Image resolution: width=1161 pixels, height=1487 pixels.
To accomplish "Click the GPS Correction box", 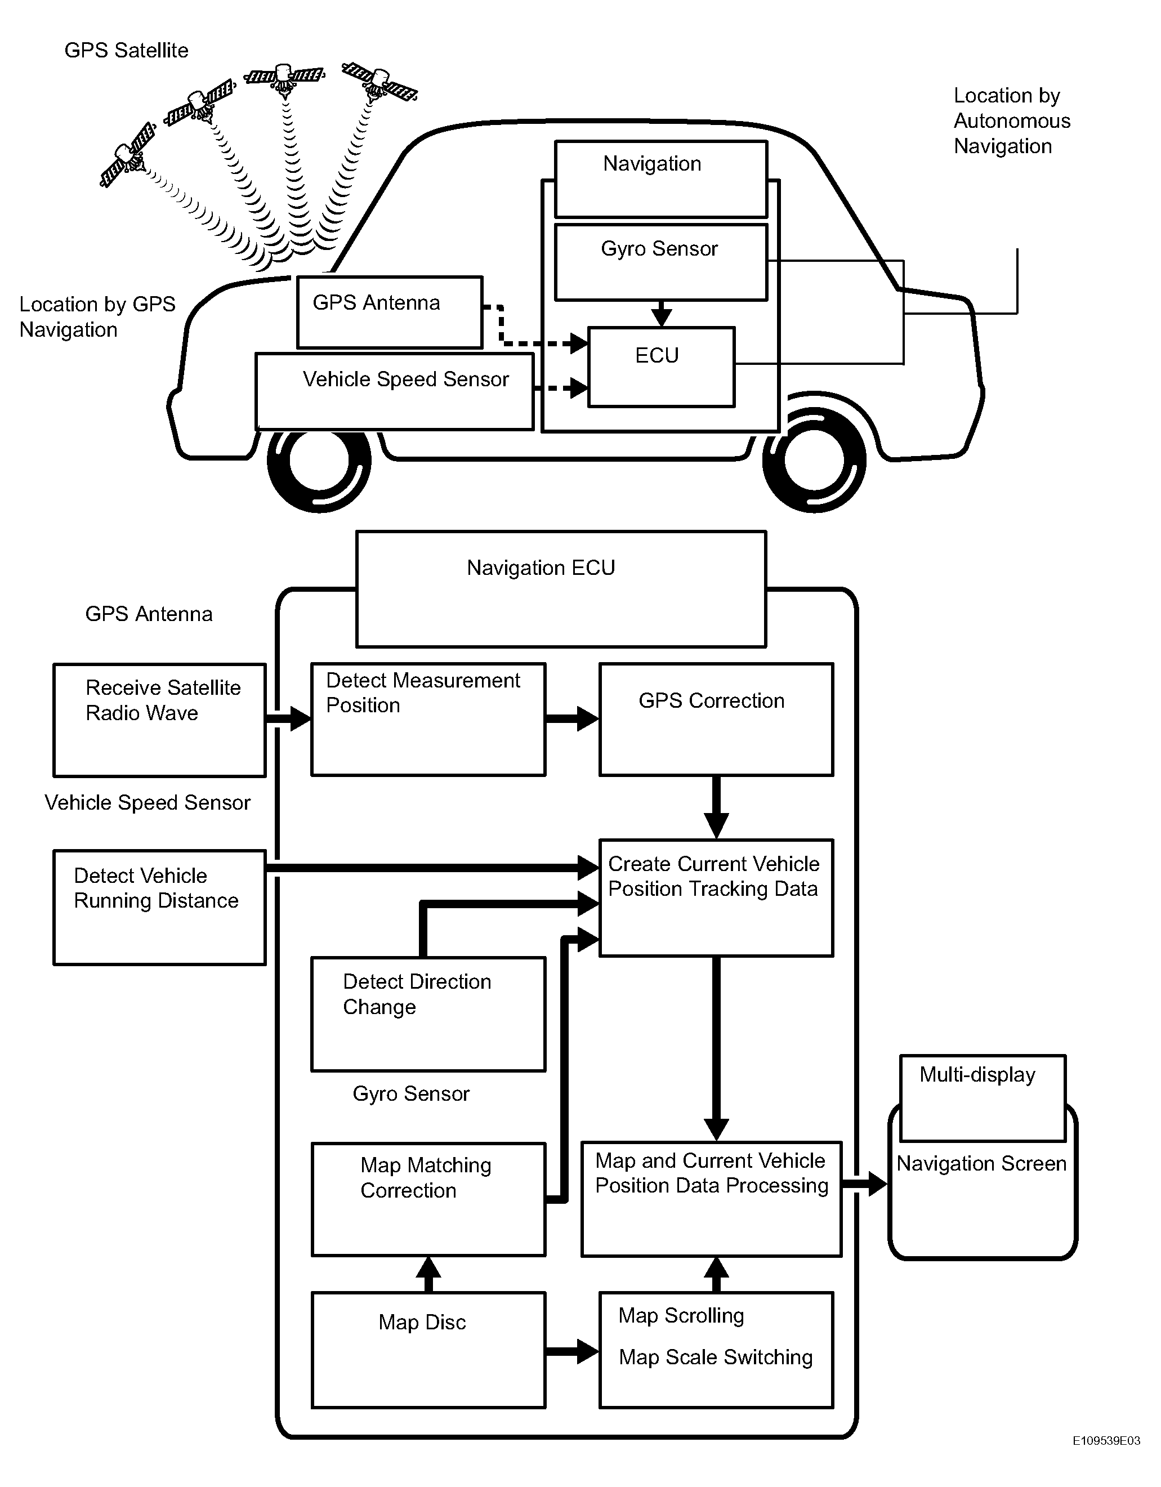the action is coord(716,719).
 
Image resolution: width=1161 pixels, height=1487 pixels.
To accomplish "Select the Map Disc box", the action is coord(428,1350).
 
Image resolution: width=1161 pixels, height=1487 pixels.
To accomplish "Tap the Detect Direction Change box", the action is coord(428,1014).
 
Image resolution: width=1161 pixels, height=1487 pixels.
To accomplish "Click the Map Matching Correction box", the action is coord(428,1199).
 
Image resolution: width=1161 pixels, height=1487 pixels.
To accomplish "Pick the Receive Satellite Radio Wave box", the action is coord(159,720).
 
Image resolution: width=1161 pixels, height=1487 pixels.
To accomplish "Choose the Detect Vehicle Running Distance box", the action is coord(159,907).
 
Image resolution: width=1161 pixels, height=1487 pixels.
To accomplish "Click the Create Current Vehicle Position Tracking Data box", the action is coord(716,897).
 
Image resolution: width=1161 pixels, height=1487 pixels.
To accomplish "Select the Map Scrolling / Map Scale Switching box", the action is coord(716,1350).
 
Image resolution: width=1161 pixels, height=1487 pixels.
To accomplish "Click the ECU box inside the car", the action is coord(661,367).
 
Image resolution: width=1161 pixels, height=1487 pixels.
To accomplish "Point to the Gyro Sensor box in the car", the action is coord(661,262).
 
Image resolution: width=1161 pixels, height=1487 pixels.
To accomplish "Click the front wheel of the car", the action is coord(814,459).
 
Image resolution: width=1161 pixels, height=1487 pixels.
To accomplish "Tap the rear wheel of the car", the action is coord(319,459).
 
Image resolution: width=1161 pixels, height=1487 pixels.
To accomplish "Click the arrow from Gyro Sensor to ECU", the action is coord(661,314).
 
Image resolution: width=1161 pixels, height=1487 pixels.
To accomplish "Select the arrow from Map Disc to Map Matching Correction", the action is coord(428,1274).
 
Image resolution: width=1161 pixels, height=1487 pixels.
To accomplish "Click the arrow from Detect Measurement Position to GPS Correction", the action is coord(572,719).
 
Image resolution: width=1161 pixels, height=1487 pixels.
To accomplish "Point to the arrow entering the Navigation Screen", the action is coord(865,1184).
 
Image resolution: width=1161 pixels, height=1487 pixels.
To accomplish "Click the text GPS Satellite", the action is coord(126,50).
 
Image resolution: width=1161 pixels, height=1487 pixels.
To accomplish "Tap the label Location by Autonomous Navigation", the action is coord(1012,120).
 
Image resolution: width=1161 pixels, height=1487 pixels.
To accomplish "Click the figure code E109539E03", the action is coord(1106,1459).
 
